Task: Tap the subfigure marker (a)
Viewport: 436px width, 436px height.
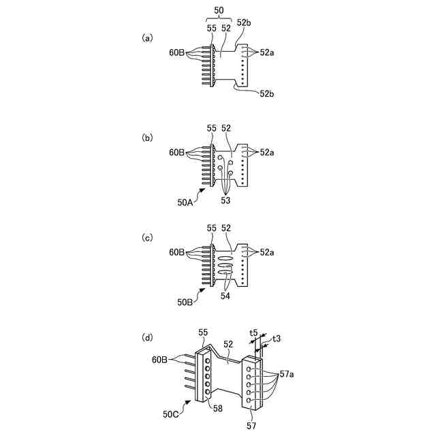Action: [146, 38]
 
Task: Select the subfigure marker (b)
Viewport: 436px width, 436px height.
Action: [146, 138]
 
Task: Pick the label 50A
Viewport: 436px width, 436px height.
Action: [186, 202]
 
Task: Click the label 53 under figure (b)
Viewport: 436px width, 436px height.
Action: [225, 201]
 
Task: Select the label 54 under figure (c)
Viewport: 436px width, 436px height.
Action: [226, 296]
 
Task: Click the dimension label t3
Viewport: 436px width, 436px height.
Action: [277, 338]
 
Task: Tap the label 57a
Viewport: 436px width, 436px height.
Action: [287, 373]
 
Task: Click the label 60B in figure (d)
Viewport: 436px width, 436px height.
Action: [161, 358]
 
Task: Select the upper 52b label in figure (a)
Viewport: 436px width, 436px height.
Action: [243, 22]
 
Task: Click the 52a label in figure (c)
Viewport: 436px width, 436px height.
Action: [267, 253]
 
